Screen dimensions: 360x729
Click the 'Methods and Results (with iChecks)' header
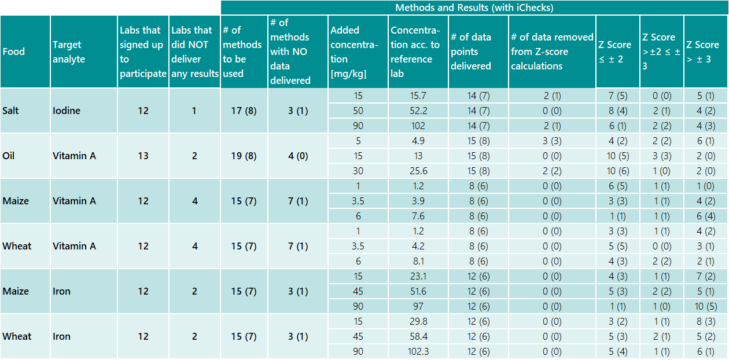[x=474, y=8]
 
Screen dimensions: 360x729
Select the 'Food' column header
[x=14, y=52]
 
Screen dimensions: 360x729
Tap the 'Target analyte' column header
[x=68, y=52]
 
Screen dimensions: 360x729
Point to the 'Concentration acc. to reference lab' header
[x=415, y=52]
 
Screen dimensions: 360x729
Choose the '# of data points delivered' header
[x=471, y=52]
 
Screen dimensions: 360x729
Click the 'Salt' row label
[x=10, y=111]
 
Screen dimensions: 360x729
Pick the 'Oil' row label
[x=9, y=156]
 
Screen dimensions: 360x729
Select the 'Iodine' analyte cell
[x=66, y=111]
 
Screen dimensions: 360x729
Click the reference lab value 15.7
[x=417, y=95]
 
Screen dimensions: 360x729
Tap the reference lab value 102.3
[x=417, y=351]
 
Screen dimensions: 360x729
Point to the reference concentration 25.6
[x=417, y=171]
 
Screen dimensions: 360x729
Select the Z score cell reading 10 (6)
[x=617, y=171]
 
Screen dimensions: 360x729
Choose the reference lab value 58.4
[x=417, y=336]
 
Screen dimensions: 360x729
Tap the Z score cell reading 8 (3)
[x=705, y=321]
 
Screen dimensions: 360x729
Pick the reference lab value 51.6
[x=417, y=291]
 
